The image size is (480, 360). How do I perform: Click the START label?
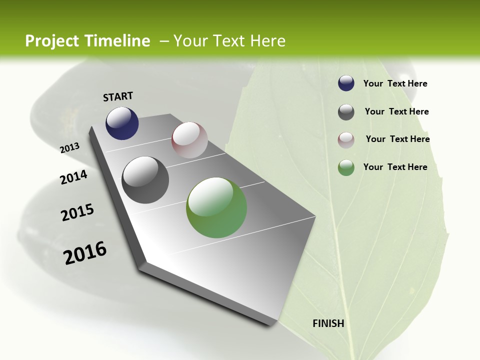coord(118,96)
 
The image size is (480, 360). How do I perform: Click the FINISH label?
coord(328,323)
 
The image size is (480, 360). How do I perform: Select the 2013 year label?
coord(69,148)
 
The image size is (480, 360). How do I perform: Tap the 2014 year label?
coord(73,177)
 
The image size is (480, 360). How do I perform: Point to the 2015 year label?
coord(77,212)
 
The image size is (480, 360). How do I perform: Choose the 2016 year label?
coord(85,253)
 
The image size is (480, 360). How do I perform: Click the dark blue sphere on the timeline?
coord(122,123)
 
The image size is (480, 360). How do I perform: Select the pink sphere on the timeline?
coord(189,140)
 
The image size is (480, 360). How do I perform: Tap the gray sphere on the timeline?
coord(145,180)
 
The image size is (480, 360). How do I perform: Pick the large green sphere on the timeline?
coord(216,207)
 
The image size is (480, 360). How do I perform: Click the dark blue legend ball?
coord(346,83)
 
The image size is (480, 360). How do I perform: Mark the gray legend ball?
coord(346,112)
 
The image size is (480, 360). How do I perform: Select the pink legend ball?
coord(346,140)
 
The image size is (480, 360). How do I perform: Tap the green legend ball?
coord(346,167)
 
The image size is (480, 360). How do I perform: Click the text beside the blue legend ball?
coord(395,83)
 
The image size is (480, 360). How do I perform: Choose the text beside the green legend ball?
coord(395,167)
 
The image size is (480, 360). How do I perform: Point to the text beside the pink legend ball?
coord(397,139)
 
